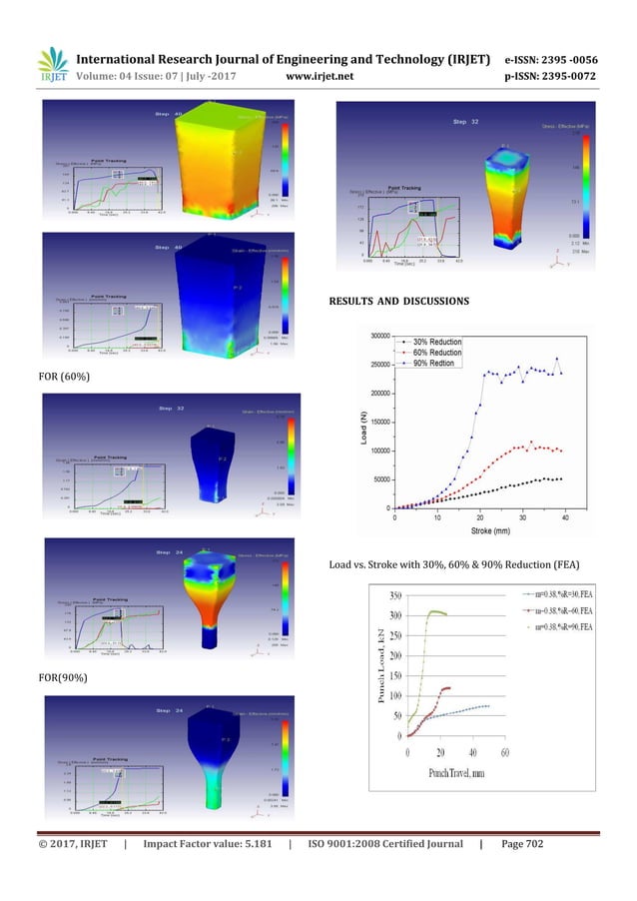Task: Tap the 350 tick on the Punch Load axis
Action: tap(396, 596)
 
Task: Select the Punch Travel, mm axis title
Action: tap(456, 774)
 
